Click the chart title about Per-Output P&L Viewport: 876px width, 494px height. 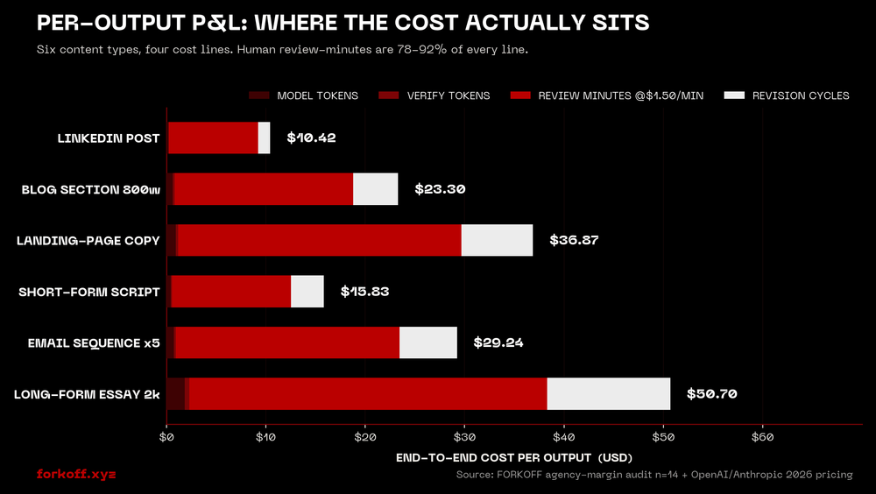(343, 23)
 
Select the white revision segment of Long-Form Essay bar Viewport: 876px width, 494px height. (609, 394)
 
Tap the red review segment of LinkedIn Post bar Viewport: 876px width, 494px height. (213, 138)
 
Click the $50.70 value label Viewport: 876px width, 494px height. (711, 394)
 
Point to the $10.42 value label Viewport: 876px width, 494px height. (311, 138)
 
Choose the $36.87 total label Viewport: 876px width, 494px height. (574, 240)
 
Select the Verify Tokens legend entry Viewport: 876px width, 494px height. (448, 95)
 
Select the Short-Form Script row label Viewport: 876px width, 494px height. (89, 292)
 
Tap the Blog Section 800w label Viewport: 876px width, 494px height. (91, 189)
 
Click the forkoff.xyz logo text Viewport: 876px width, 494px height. (76, 474)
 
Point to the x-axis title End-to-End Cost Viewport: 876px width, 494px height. (513, 457)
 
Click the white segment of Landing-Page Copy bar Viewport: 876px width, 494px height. (497, 240)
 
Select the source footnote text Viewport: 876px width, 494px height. (653, 475)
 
